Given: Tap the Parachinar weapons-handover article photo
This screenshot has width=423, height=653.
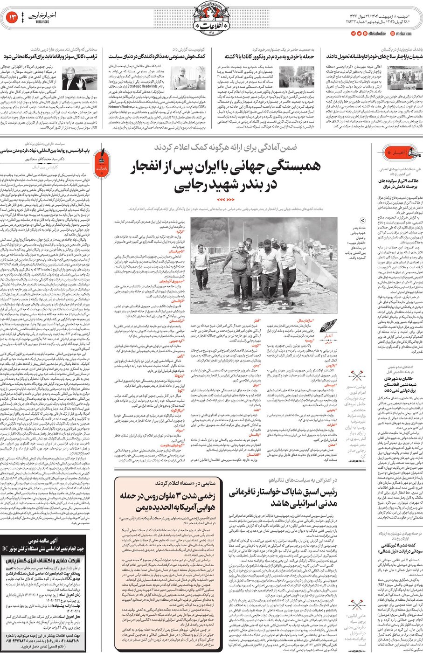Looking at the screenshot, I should [404, 77].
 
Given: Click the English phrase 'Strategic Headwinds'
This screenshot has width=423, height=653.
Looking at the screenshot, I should [143, 86].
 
